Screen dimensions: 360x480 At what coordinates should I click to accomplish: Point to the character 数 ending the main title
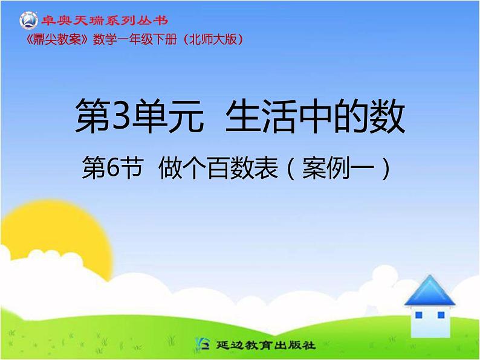[x=387, y=117]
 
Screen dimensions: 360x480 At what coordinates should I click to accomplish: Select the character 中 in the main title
[x=320, y=117]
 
